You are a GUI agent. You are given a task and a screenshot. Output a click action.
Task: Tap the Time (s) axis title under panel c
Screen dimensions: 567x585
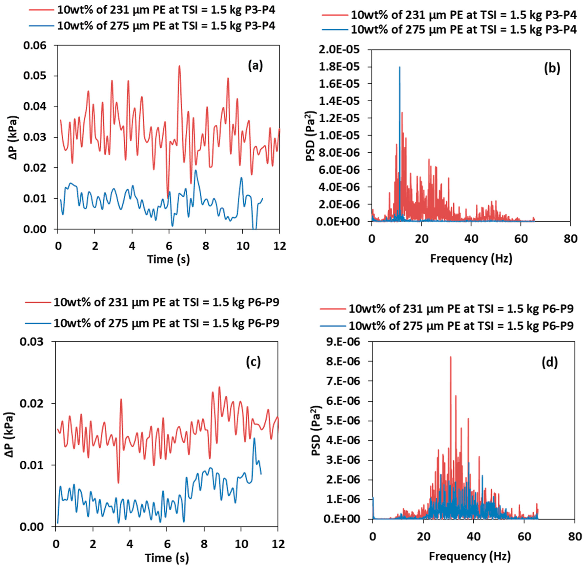coord(167,557)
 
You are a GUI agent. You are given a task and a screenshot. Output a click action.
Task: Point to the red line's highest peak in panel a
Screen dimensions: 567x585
coord(179,66)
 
